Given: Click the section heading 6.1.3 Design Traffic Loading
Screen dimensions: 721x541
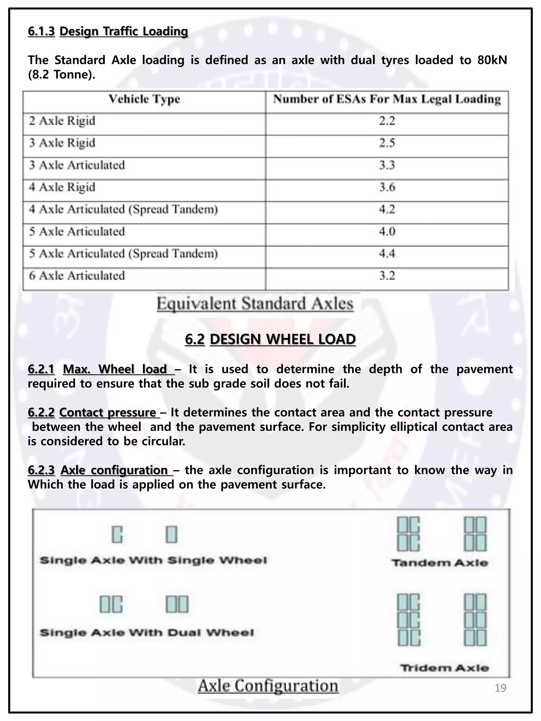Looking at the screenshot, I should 108,31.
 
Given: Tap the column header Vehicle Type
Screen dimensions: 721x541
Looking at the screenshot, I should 144,99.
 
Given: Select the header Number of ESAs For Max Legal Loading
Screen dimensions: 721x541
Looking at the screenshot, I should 387,99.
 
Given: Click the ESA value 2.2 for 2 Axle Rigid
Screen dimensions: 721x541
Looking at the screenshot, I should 387,121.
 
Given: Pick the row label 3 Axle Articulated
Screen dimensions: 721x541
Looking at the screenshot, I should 77,165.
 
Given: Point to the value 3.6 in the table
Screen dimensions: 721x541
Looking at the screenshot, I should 387,187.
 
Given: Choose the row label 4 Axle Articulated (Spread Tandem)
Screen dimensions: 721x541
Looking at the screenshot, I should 123,209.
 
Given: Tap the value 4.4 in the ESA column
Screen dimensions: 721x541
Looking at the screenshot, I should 387,254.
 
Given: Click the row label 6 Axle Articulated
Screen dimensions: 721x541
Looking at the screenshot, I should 77,276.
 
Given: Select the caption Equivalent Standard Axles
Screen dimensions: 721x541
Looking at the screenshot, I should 255,304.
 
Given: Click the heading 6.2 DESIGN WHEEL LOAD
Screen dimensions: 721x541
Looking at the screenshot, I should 270,339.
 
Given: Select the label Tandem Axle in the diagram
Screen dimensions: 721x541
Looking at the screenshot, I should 440,563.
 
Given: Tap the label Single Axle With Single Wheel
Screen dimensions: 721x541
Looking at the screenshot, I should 153,561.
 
